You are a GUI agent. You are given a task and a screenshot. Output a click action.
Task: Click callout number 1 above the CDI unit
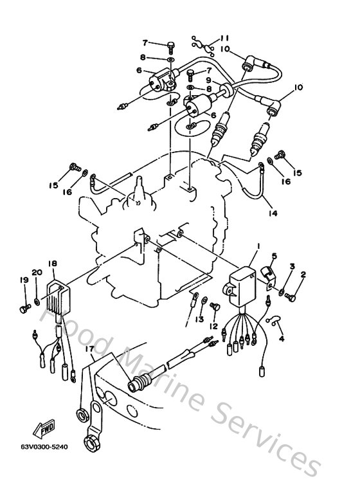coord(258,246)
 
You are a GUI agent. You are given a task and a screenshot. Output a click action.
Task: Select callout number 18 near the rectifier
coord(52,264)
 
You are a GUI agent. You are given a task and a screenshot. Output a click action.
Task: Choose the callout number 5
coord(273,256)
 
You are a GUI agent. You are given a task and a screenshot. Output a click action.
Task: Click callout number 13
coord(199,318)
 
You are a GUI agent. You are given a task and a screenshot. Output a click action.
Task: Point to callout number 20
coord(37,273)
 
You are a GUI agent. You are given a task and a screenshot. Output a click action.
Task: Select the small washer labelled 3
coord(282,293)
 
